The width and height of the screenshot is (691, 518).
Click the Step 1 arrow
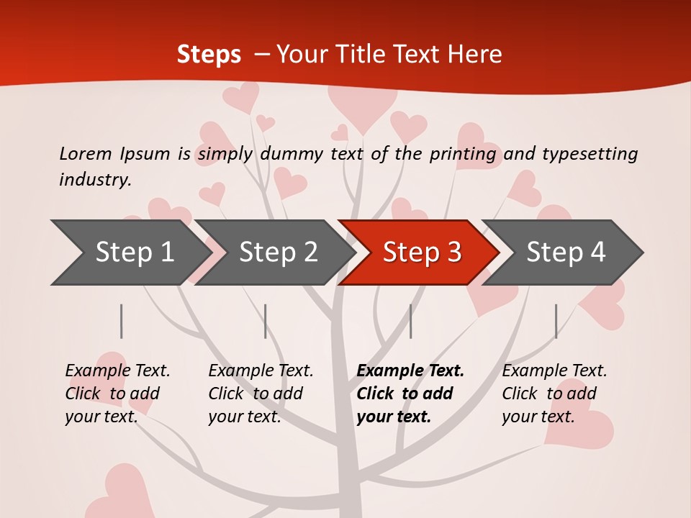tap(130, 253)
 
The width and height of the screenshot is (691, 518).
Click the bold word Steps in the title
tap(209, 54)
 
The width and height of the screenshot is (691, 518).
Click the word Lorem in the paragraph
tap(85, 153)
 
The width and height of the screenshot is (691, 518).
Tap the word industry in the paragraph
tap(95, 180)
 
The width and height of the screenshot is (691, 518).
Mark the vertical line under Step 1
tap(122, 321)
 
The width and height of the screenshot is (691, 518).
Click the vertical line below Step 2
tap(266, 321)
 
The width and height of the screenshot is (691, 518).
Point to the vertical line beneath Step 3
tap(410, 321)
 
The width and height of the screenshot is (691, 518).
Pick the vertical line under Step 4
tap(556, 321)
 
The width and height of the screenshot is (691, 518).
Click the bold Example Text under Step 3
tap(410, 371)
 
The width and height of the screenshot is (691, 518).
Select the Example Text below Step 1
tap(117, 371)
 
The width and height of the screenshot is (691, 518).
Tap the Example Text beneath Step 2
tap(261, 371)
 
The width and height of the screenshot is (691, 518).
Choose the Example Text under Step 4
tap(554, 371)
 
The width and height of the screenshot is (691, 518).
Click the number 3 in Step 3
tap(453, 253)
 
